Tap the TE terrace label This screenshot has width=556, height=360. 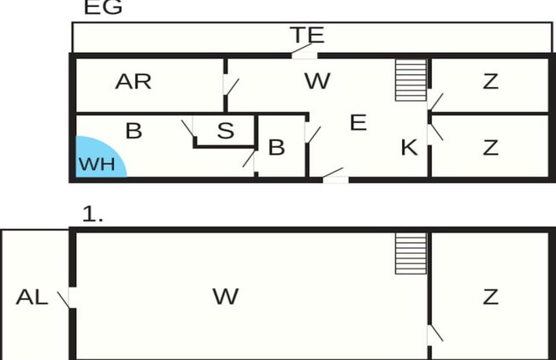point(307,35)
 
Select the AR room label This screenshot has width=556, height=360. point(133,81)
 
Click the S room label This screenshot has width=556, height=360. point(226,130)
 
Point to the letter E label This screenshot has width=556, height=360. point(358,122)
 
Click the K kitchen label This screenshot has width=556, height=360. point(409,147)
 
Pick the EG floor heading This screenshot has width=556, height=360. point(104,7)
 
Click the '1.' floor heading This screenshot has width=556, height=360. point(92,215)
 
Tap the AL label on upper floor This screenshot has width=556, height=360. point(32,297)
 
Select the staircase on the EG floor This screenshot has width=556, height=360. point(411,80)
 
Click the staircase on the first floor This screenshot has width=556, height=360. point(411,253)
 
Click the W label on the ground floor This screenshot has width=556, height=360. point(317,81)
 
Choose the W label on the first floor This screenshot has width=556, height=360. point(226,297)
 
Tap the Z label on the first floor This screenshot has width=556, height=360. point(491,297)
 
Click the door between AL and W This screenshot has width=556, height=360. point(68,298)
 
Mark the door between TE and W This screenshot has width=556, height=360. point(304,51)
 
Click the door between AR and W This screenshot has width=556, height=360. point(230,85)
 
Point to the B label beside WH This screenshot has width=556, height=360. point(134,130)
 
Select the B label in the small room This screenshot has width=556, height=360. point(276,147)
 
